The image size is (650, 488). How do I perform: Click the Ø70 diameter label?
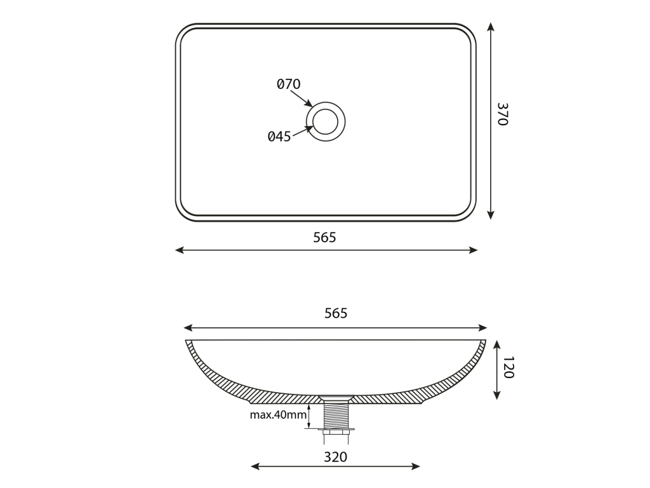pos(289,85)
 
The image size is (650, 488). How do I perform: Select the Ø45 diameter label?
pos(279,137)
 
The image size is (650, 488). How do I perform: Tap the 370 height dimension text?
pos(503,114)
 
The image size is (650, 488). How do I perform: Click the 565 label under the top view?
pos(324,238)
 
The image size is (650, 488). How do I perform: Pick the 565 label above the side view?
pos(336,313)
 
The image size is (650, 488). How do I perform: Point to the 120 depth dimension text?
pos(508,367)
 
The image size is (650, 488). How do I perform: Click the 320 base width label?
pos(335,457)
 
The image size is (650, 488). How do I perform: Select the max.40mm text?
pos(278,414)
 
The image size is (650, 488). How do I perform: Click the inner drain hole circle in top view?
pos(326,109)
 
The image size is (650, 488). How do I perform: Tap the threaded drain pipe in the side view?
pos(336,414)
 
